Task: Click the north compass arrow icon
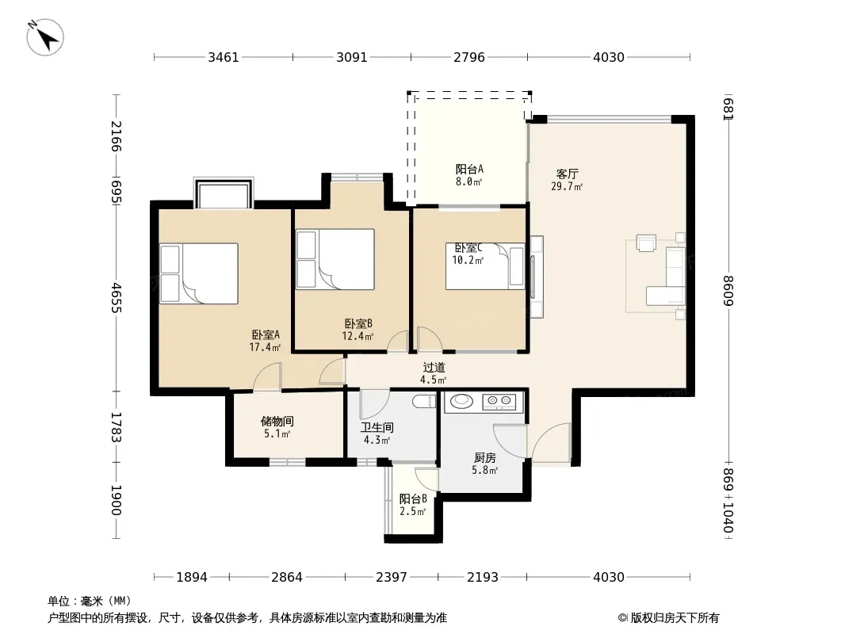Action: [45, 37]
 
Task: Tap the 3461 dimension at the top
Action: [223, 57]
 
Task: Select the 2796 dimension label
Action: [468, 57]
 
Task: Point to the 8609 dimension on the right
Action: [728, 290]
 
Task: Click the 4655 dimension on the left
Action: [117, 297]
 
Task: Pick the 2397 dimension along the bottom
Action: [392, 577]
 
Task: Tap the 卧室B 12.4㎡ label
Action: [357, 330]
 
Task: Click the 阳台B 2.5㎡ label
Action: [413, 505]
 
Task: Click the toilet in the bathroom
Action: [424, 401]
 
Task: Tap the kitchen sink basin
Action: [461, 401]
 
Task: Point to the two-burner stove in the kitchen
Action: [499, 400]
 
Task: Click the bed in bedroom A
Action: [199, 273]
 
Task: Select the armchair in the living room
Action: [646, 243]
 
